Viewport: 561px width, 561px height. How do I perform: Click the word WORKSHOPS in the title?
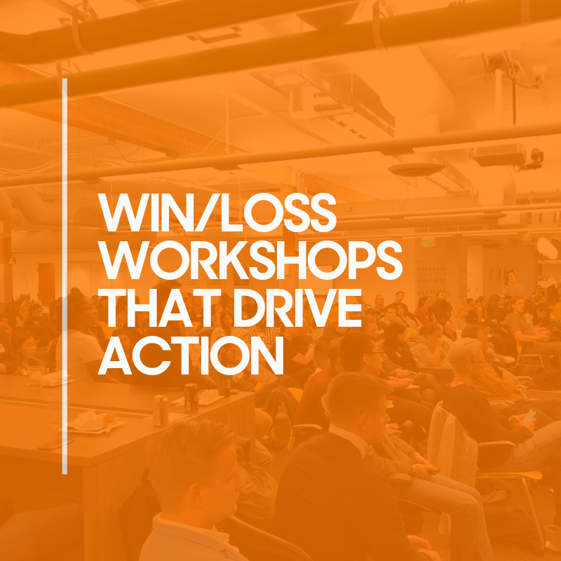[250, 259]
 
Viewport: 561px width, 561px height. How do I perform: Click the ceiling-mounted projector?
[497, 155]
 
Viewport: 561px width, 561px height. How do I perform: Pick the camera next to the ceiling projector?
[536, 156]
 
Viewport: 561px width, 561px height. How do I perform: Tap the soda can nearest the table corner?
[161, 411]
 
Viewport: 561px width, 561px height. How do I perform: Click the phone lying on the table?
[56, 443]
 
